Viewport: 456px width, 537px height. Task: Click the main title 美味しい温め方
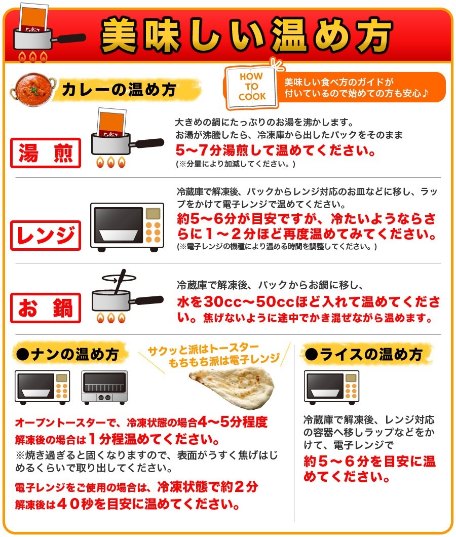[x=247, y=36]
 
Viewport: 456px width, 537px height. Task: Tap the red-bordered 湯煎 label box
[x=46, y=152]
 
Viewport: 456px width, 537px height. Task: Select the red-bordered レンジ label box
[x=46, y=235]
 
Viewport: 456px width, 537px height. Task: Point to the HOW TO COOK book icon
[x=252, y=89]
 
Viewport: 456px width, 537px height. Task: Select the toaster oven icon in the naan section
[x=104, y=387]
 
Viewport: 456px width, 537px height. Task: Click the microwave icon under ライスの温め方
[x=331, y=387]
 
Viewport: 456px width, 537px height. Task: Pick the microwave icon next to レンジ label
[x=127, y=227]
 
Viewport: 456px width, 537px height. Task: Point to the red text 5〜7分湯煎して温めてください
[x=276, y=151]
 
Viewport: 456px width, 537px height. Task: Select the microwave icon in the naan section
[x=42, y=387]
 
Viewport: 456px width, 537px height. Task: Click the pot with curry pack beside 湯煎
[x=119, y=137]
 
